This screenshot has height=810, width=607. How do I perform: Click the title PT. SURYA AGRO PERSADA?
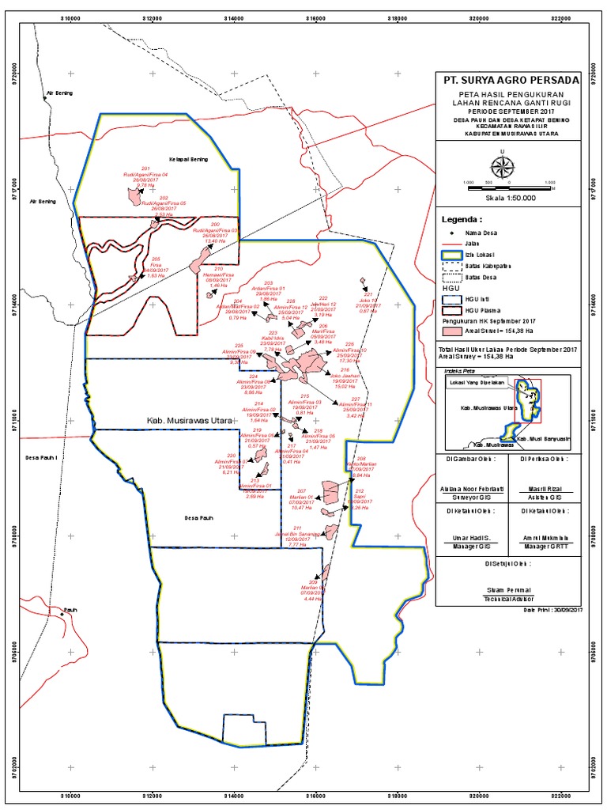(510, 81)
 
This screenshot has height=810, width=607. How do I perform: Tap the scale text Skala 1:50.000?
(510, 199)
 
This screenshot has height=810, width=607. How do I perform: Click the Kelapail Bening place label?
(188, 159)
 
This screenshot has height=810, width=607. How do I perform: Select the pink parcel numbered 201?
(132, 194)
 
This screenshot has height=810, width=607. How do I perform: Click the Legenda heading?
(461, 219)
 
